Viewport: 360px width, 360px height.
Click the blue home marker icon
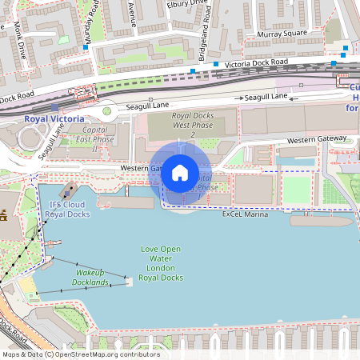click(180, 172)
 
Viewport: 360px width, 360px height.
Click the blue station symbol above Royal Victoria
click(54, 106)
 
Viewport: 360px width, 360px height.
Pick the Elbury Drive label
click(190, 3)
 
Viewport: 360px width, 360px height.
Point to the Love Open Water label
click(161, 263)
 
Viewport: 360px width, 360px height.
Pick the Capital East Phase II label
click(95, 139)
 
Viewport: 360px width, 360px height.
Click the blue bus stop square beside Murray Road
click(86, 47)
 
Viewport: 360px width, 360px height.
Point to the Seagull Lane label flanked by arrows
click(266, 97)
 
